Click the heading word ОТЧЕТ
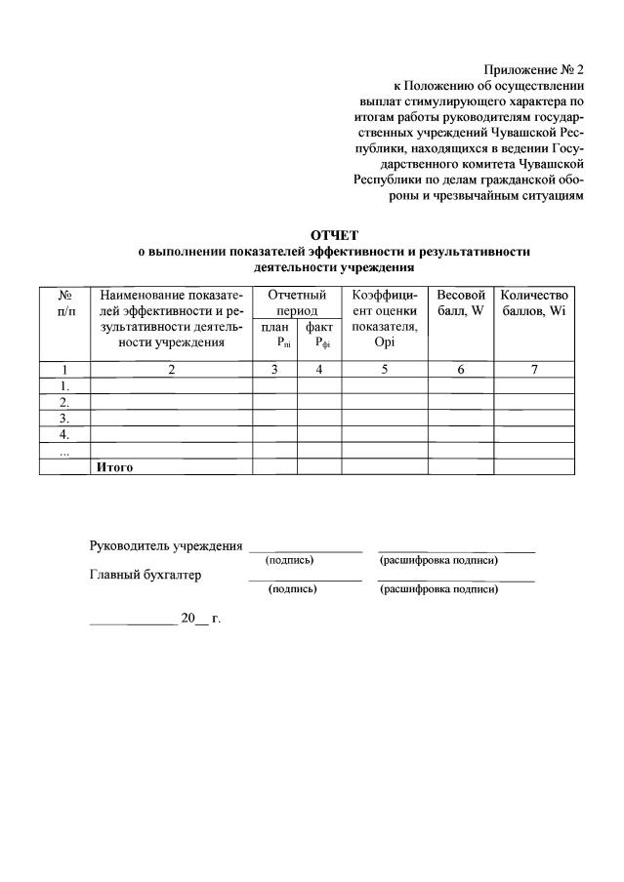click(x=334, y=235)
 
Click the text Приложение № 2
click(x=533, y=69)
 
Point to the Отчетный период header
click(x=297, y=301)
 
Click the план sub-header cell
click(x=275, y=335)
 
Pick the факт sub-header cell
click(x=319, y=335)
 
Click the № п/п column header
click(x=63, y=301)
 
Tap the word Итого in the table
click(x=113, y=466)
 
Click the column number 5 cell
click(x=385, y=369)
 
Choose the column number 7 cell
click(x=533, y=369)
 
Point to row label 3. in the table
click(x=63, y=418)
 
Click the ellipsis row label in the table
click(x=63, y=450)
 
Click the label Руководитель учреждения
click(x=166, y=545)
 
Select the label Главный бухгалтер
click(x=146, y=575)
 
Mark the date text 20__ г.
click(x=200, y=619)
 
